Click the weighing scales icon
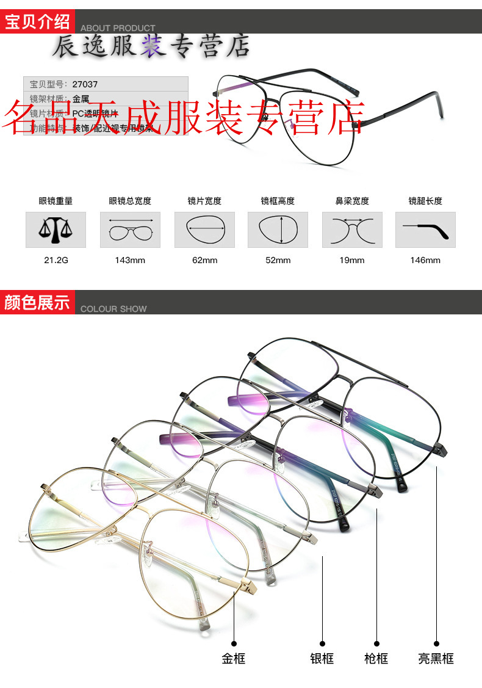pos(56,230)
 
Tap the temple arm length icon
pos(425,230)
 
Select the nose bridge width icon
pos(352,230)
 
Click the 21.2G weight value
pos(56,260)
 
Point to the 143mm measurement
pos(130,260)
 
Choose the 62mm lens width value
pos(204,260)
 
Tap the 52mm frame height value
pos(278,260)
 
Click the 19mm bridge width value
pos(352,260)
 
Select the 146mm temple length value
pos(425,260)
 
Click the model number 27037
pos(85,84)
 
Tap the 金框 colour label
pos(233,659)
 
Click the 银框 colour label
pos(322,659)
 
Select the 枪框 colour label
pos(376,659)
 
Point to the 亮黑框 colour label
pos(436,659)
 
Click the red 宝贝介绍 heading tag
pos(38,22)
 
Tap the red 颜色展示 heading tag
pos(38,302)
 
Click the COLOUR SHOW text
pos(113,309)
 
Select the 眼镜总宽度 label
pos(130,201)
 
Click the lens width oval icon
pos(204,230)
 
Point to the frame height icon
pos(278,230)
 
